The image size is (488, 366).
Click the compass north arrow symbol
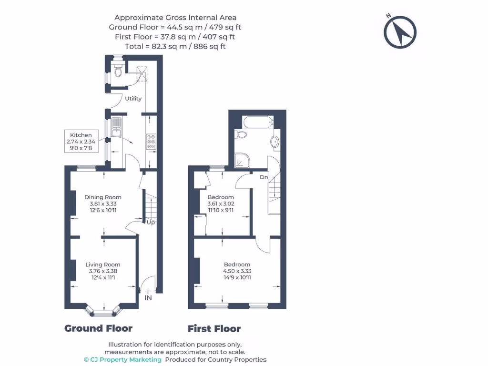[x=400, y=32]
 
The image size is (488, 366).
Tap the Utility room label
[x=133, y=99]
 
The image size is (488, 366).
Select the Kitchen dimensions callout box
[x=81, y=141]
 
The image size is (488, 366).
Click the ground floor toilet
[x=118, y=71]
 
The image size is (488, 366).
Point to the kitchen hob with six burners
[x=151, y=142]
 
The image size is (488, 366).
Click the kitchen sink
[x=117, y=127]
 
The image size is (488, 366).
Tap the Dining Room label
[x=103, y=197]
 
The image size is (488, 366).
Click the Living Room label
[x=103, y=264]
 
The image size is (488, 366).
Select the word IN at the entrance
[x=148, y=298]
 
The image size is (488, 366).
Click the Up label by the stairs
[x=151, y=223]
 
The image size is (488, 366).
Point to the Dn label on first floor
[x=264, y=177]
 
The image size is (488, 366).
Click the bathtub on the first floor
[x=258, y=122]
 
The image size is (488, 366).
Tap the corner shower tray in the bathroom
[x=242, y=160]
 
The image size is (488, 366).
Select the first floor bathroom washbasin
[x=275, y=142]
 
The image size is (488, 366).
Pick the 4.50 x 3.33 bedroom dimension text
[x=237, y=271]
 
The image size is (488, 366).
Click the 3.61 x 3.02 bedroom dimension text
[x=221, y=203]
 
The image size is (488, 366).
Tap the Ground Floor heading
[x=98, y=328]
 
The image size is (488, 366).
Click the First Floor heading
[x=214, y=329]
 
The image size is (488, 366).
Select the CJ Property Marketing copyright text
[x=122, y=360]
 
